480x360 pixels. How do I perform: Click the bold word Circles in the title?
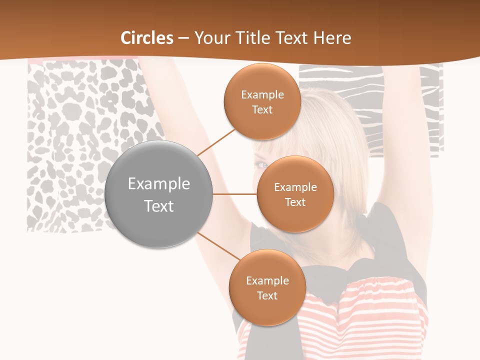coord(147,38)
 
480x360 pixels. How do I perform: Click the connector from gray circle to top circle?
coord(216,141)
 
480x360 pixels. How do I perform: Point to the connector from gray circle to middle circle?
coord(235,194)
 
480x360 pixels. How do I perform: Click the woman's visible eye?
coord(261,164)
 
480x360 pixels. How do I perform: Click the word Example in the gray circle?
coord(159,184)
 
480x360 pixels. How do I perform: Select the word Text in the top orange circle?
coord(262,109)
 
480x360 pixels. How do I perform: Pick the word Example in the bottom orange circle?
coord(267,280)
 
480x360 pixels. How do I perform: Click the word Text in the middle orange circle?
coord(295,202)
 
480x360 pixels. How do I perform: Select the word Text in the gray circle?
coord(159,206)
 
